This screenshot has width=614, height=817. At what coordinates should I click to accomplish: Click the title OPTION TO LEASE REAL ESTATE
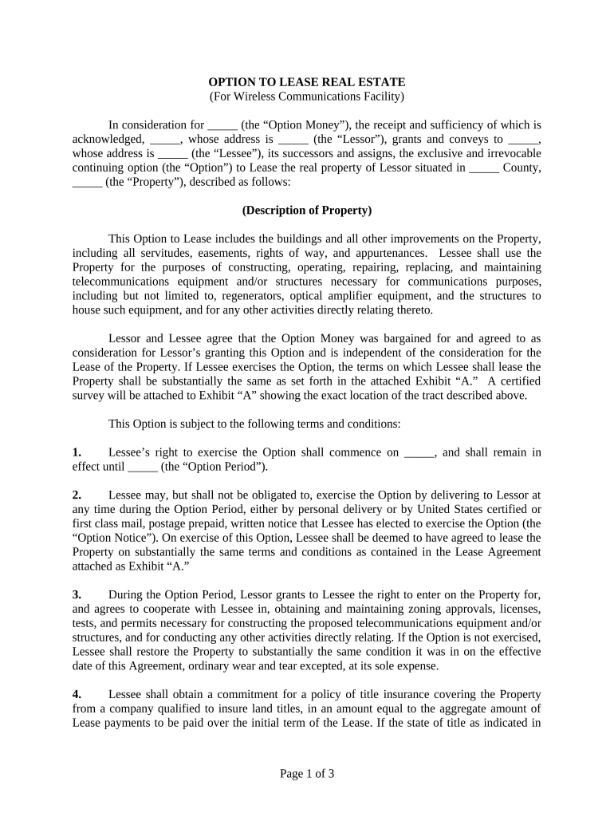point(307,82)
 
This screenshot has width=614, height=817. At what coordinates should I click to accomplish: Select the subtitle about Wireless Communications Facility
point(307,97)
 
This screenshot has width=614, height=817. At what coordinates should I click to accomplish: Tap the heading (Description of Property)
point(307,211)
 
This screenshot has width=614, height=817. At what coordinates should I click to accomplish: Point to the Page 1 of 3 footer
point(307,773)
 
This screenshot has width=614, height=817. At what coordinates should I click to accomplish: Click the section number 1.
point(77,452)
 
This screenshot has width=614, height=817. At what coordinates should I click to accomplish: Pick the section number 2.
point(77,495)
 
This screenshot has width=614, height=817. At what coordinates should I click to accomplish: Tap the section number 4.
point(77,694)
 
